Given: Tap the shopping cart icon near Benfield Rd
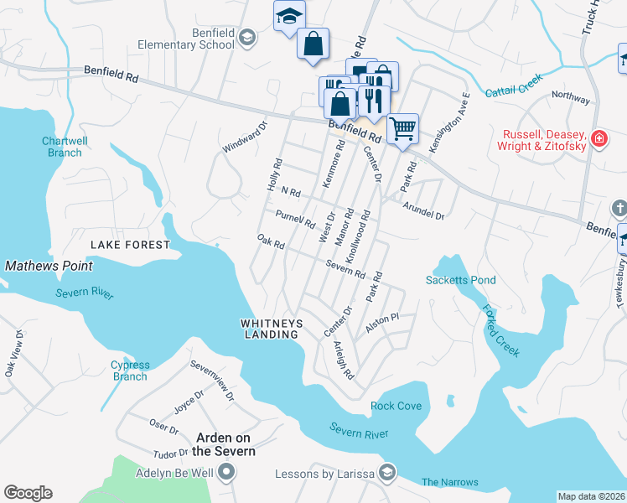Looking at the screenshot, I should (x=403, y=129).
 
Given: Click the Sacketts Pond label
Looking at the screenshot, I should (x=460, y=280).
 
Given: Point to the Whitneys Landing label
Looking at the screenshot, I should (x=269, y=328).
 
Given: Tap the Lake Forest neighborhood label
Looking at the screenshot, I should (x=130, y=245).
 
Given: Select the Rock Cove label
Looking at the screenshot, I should (x=396, y=407).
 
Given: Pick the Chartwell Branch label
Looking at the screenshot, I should (x=62, y=147).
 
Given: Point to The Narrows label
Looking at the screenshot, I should (x=449, y=482).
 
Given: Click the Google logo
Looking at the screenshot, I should (x=28, y=493).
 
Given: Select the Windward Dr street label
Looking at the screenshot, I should (x=244, y=138).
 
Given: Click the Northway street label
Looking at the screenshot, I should (x=571, y=97).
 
